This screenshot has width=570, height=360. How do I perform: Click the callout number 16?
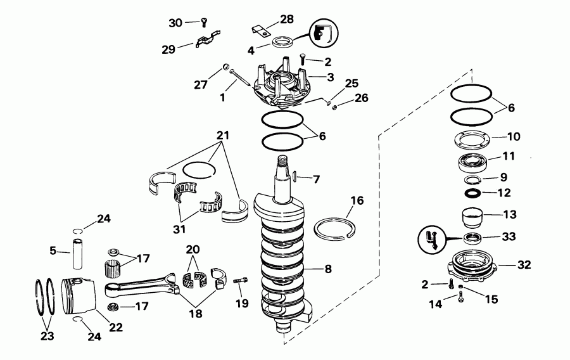coord(357,201)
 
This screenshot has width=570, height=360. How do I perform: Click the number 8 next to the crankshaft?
coord(328,269)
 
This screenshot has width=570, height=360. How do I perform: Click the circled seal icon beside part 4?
coord(324,33)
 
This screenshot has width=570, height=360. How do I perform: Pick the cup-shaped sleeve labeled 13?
coord(470,217)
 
